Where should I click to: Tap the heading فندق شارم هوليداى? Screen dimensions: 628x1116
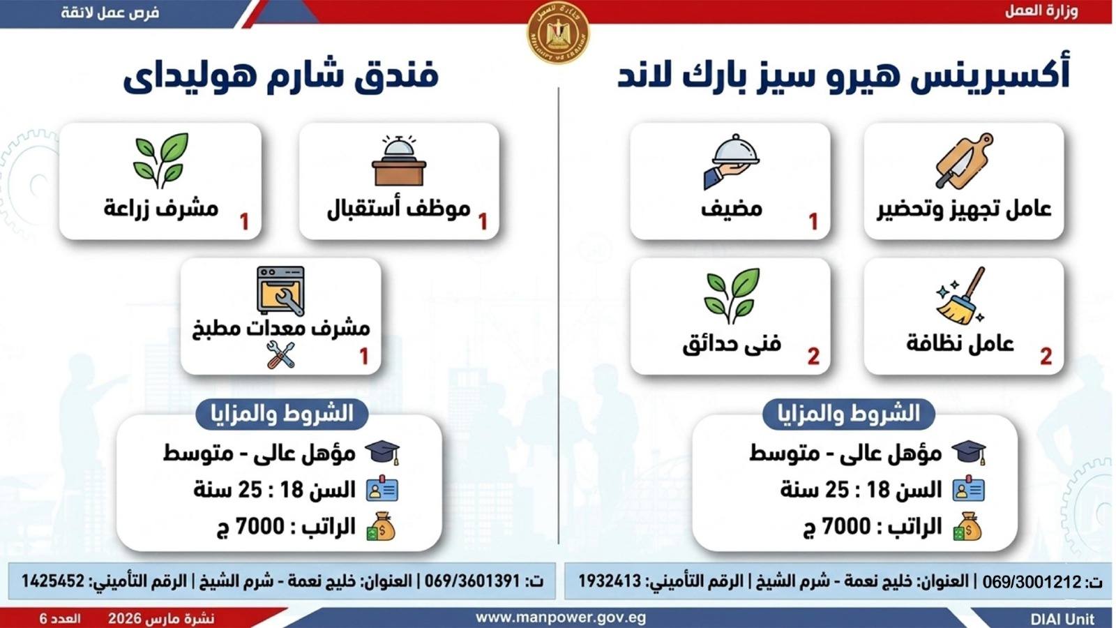pyautogui.click(x=281, y=75)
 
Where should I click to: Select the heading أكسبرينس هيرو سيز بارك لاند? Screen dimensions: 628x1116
pyautogui.click(x=843, y=75)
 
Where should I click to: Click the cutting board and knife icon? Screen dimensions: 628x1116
pyautogui.click(x=964, y=161)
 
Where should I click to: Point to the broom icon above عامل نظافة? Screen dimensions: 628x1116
pyautogui.click(x=961, y=296)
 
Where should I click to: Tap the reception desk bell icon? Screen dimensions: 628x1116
pyautogui.click(x=399, y=161)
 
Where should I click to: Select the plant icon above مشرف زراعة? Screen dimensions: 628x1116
pyautogui.click(x=160, y=160)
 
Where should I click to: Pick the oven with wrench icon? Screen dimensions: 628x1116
pyautogui.click(x=280, y=290)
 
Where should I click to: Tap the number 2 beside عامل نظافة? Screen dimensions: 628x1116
pyautogui.click(x=1046, y=357)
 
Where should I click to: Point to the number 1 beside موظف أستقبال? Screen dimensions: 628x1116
pyautogui.click(x=483, y=222)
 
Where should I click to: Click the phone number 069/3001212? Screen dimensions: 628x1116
pyautogui.click(x=1032, y=581)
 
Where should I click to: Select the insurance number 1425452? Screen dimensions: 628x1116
pyautogui.click(x=53, y=581)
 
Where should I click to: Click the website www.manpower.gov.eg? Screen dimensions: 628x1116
pyautogui.click(x=561, y=618)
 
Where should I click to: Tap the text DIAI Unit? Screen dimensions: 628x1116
pyautogui.click(x=1062, y=619)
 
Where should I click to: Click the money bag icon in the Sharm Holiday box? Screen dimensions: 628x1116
pyautogui.click(x=382, y=527)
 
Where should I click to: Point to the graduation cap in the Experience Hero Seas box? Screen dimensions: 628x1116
pyautogui.click(x=969, y=453)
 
